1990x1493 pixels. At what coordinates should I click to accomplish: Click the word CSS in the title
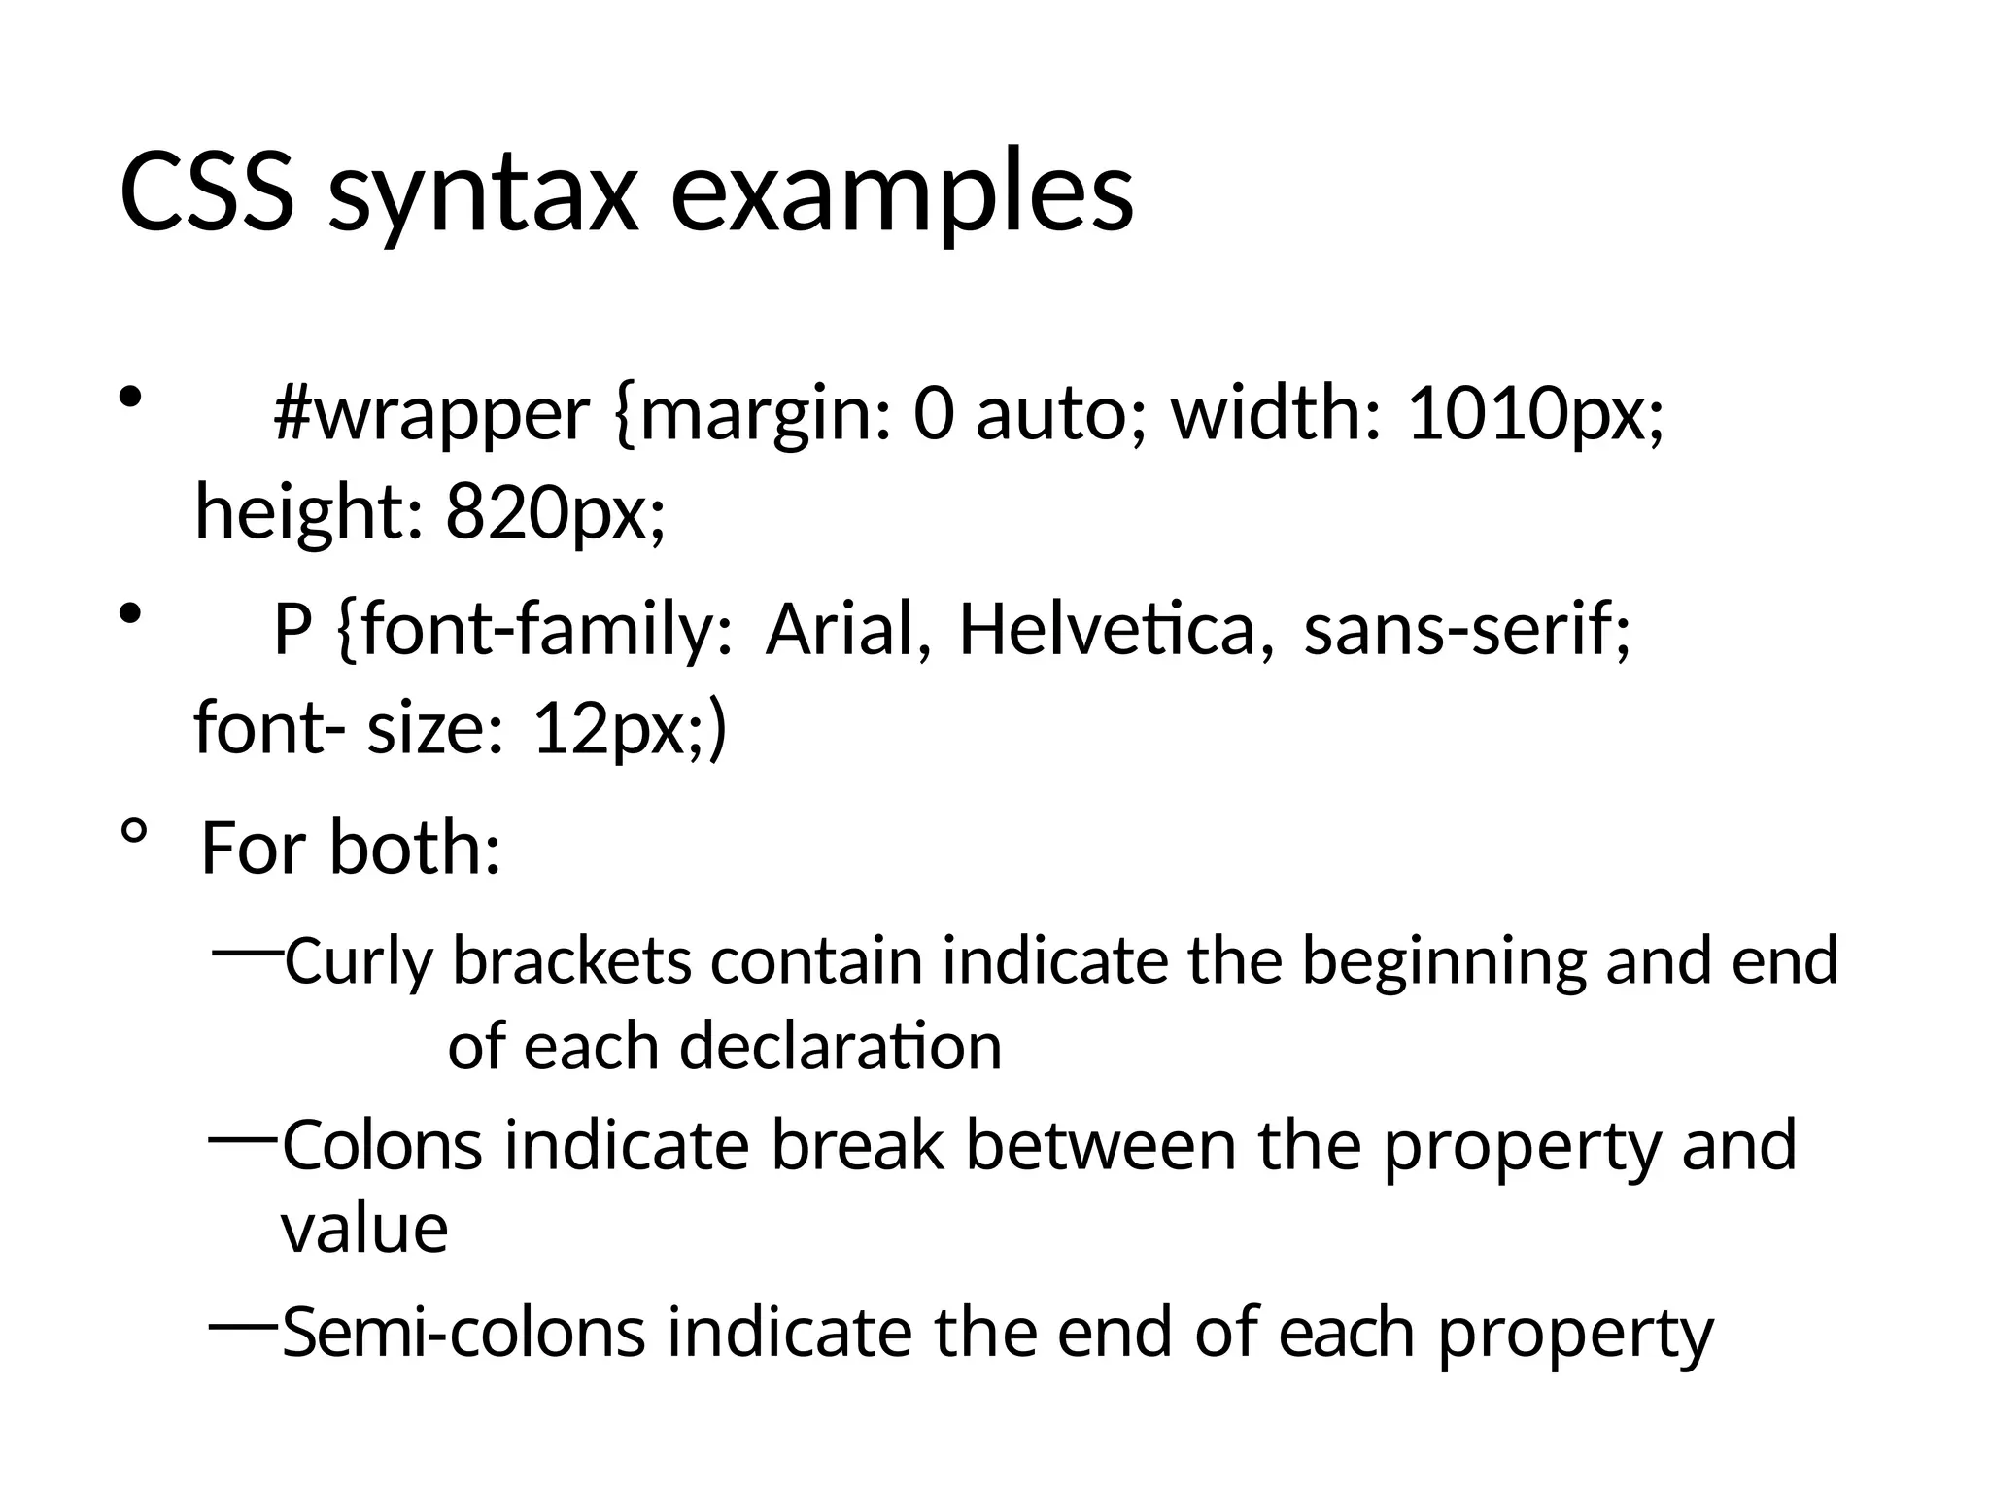click(206, 192)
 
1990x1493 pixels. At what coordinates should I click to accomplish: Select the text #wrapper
click(431, 415)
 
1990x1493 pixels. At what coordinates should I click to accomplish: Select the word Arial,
click(851, 630)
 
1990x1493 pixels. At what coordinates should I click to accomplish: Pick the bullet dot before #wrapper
click(131, 397)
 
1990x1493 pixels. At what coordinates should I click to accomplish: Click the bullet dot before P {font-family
click(131, 613)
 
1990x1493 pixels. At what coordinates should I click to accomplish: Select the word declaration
click(840, 1047)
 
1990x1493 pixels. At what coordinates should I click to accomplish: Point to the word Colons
click(382, 1146)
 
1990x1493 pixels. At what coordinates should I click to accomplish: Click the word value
click(364, 1230)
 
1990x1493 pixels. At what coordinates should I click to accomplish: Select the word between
click(1101, 1146)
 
